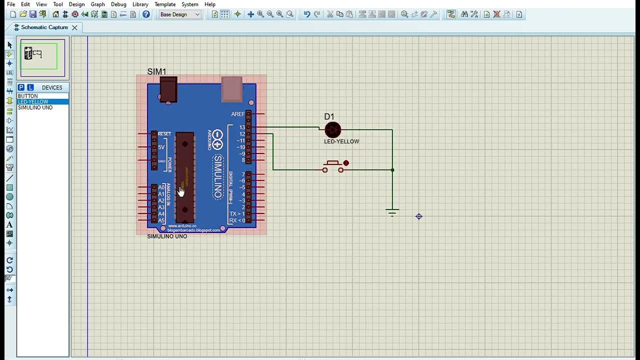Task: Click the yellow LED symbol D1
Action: [332, 130]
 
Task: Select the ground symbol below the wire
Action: [392, 212]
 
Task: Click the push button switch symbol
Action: [333, 166]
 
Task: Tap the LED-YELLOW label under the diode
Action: [341, 141]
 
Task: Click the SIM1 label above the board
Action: [156, 72]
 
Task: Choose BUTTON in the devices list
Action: [28, 96]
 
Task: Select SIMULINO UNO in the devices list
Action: [35, 107]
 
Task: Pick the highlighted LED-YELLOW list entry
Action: [33, 102]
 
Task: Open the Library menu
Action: [140, 4]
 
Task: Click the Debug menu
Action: [118, 4]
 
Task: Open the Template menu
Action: [165, 4]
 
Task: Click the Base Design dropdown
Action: [180, 14]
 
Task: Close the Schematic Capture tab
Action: [74, 27]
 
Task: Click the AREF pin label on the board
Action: [238, 114]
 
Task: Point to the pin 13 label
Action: [242, 127]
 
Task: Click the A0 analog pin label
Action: [161, 187]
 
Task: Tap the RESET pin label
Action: [164, 134]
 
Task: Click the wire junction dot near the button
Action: [392, 170]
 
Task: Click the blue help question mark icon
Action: [146, 14]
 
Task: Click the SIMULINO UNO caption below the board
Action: [167, 236]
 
